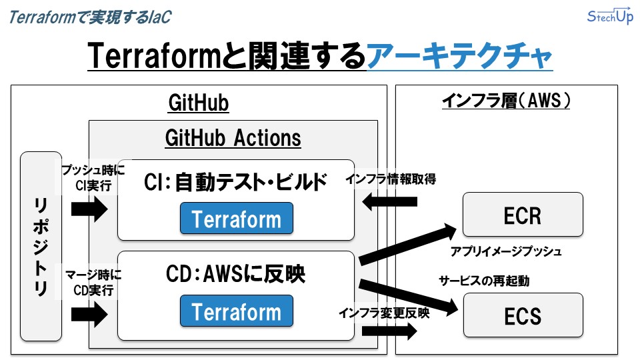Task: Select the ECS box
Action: (522, 315)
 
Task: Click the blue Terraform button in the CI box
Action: (236, 219)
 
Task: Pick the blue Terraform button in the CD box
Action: (236, 311)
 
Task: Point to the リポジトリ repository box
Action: (41, 246)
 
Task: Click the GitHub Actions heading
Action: (233, 138)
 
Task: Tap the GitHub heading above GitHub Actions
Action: (198, 103)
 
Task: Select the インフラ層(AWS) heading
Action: (507, 101)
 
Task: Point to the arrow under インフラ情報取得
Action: (389, 201)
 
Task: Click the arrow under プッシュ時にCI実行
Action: (89, 211)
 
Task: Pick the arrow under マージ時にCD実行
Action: (89, 314)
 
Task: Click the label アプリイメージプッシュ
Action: (505, 252)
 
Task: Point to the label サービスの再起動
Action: (483, 281)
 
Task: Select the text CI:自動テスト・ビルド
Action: (236, 181)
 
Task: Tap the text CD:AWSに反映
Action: (236, 273)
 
